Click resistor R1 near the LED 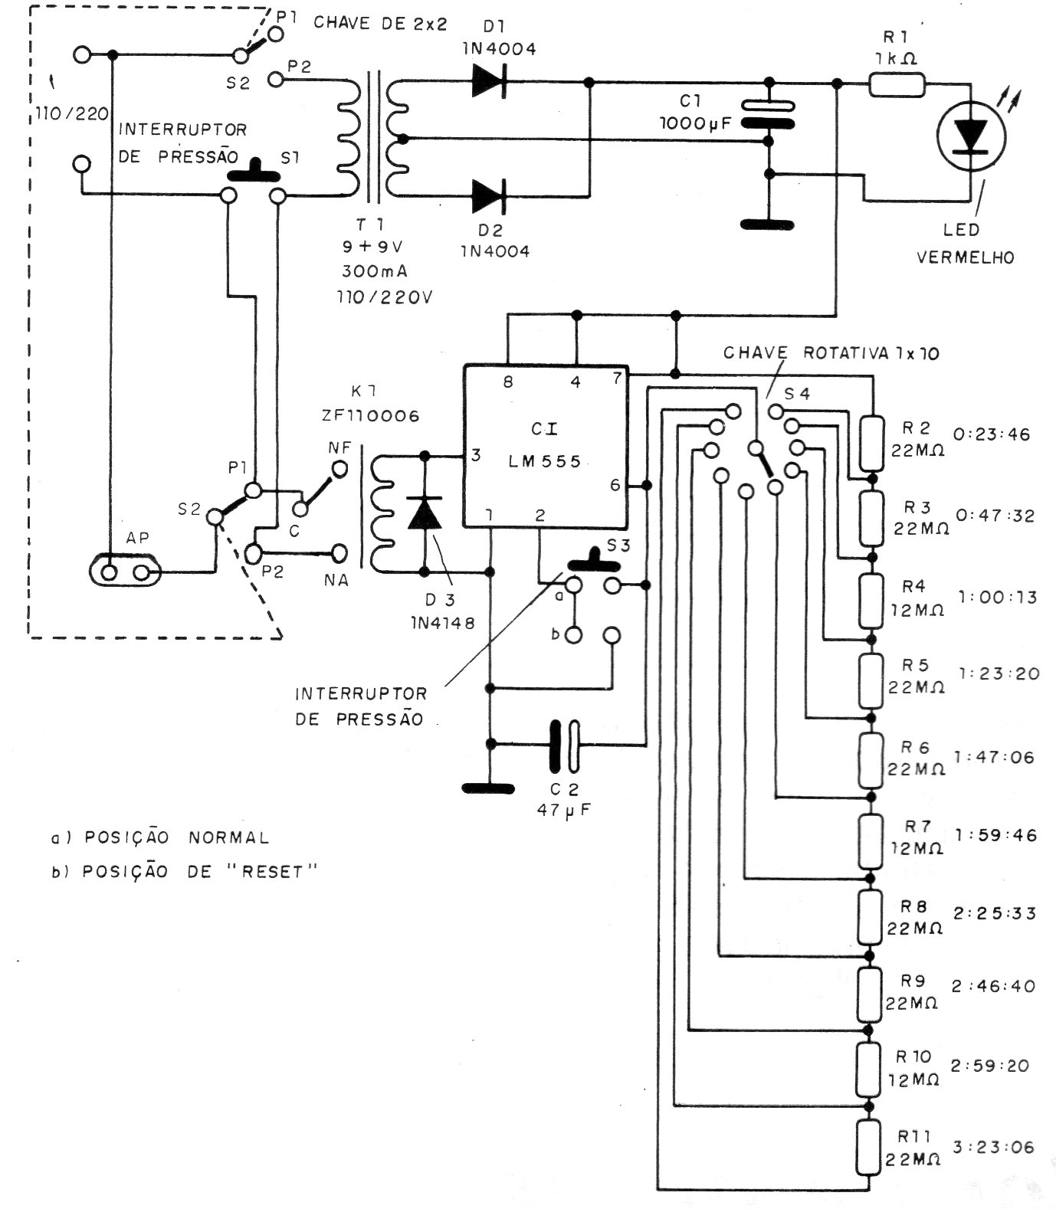pyautogui.click(x=897, y=84)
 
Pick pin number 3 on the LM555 pyautogui.click(x=477, y=455)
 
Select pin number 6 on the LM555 pyautogui.click(x=615, y=484)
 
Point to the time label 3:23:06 pyautogui.click(x=994, y=1147)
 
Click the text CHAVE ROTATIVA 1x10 pyautogui.click(x=831, y=354)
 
